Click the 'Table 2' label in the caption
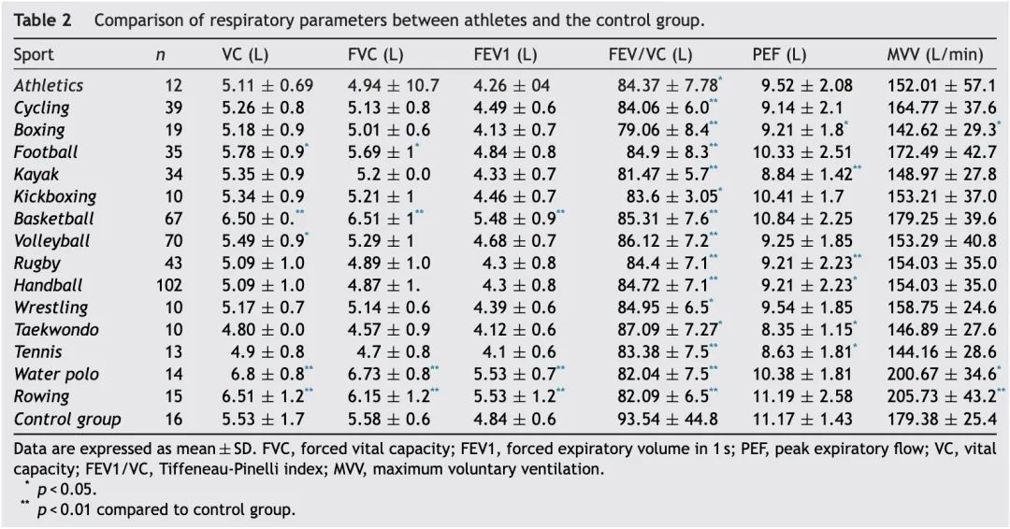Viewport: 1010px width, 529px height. pos(42,20)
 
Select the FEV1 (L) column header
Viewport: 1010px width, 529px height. pos(505,55)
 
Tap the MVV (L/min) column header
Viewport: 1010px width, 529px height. pos(934,55)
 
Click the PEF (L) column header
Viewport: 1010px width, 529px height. pos(779,55)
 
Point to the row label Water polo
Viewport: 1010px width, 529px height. pos(56,375)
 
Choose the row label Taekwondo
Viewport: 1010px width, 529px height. pos(56,330)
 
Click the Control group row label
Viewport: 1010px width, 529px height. pos(67,420)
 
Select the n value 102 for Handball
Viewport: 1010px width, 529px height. pos(169,285)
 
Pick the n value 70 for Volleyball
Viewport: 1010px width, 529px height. pos(173,241)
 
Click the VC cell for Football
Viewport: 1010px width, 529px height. pos(266,152)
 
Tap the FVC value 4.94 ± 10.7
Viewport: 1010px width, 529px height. pos(393,85)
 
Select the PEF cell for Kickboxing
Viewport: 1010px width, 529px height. pos(802,196)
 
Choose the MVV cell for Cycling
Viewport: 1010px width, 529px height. pos(942,107)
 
